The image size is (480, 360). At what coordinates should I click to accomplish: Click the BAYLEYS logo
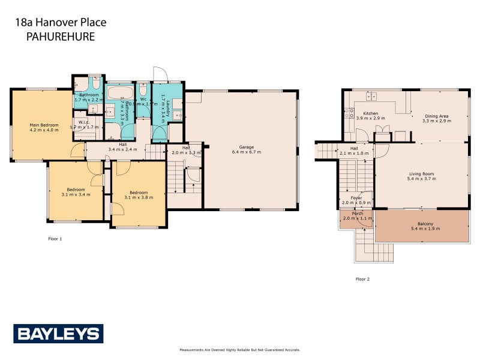[x=58, y=334]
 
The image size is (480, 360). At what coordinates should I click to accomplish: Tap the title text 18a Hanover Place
[x=61, y=23]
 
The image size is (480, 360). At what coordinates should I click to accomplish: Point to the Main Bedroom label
[x=44, y=125]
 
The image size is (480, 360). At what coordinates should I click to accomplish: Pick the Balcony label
[x=421, y=224]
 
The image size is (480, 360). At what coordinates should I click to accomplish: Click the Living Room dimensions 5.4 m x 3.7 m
[x=421, y=179]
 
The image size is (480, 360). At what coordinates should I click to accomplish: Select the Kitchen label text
[x=370, y=113]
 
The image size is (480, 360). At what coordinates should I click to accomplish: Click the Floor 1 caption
[x=55, y=239]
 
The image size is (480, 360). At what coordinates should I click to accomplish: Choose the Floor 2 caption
[x=362, y=279]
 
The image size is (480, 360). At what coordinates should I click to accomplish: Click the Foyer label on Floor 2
[x=356, y=198]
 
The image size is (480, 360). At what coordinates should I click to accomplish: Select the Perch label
[x=357, y=214]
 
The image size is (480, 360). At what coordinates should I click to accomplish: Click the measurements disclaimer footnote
[x=239, y=349]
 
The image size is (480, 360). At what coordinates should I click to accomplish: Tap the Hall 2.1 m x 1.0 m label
[x=354, y=149]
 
